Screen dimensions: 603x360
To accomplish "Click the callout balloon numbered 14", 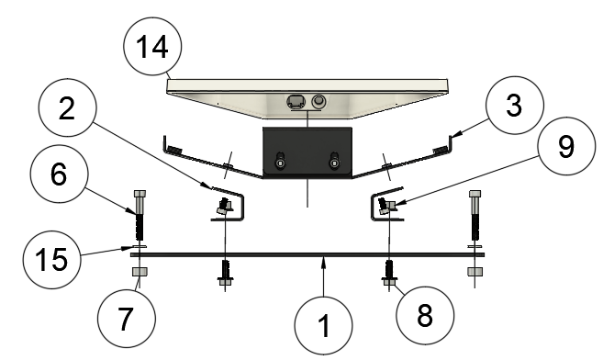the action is point(152,46).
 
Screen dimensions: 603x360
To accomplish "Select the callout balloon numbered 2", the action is point(67,107).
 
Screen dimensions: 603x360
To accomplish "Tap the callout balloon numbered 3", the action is point(515,105).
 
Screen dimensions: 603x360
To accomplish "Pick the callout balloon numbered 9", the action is point(566,146).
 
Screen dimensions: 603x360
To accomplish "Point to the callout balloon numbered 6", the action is point(60,174).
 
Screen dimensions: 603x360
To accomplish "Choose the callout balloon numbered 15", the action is point(51,260).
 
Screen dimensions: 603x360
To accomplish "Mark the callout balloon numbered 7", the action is point(127,319).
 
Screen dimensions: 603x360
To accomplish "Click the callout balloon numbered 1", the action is point(323,325).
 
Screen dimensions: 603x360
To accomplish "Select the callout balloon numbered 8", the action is point(425,315).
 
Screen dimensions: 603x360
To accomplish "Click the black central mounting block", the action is point(307,152).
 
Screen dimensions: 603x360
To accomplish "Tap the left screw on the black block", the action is point(281,161).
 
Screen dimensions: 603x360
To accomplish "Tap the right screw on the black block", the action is point(335,161).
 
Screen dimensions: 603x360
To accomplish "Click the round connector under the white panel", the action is point(318,102).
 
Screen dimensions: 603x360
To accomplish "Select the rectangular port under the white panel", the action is point(296,102).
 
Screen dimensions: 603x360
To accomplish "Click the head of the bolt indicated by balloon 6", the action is point(140,194).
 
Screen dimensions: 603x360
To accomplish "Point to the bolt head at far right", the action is point(475,194).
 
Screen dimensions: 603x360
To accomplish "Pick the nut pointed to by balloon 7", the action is point(140,272).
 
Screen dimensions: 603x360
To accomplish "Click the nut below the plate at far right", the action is point(475,272).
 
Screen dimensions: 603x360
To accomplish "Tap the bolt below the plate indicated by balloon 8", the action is point(389,273).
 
